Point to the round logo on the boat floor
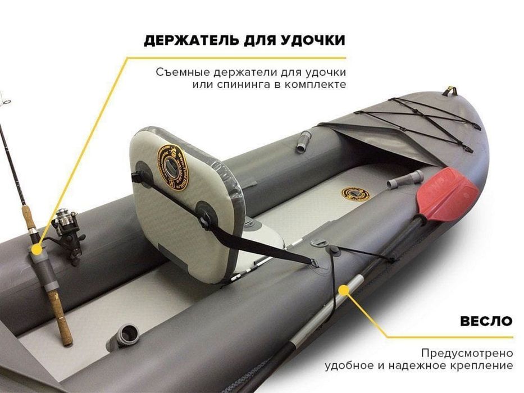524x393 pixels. coord(356,194)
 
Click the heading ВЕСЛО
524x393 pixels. coord(486,321)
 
